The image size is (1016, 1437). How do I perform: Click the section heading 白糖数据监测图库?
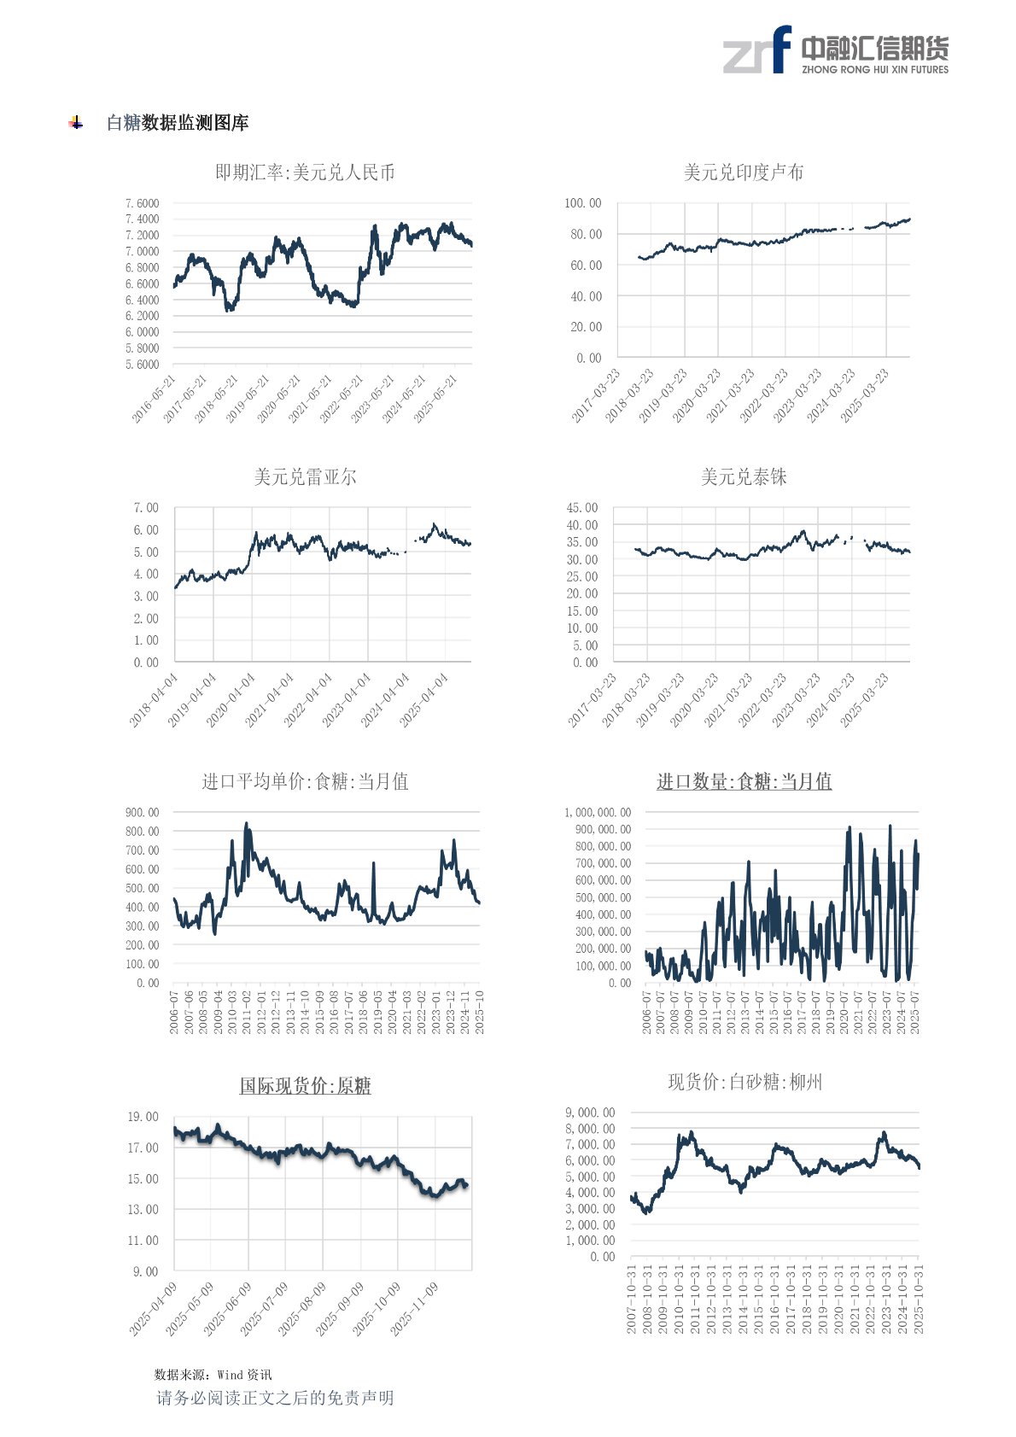point(178,123)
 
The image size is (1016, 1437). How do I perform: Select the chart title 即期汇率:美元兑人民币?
point(305,173)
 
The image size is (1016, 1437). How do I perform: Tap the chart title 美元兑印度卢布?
point(744,172)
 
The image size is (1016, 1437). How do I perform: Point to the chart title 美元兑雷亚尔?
point(305,477)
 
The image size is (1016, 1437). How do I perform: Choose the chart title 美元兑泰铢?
point(744,477)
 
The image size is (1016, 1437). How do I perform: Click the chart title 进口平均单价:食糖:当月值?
point(305,782)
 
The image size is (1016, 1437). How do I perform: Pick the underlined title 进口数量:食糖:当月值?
point(744,782)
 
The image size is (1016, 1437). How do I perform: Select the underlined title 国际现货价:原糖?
point(305,1086)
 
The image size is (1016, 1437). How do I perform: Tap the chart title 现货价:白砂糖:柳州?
point(744,1083)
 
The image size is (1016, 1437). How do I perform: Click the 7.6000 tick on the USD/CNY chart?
point(142,203)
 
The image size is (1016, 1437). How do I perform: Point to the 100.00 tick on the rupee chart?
point(582,203)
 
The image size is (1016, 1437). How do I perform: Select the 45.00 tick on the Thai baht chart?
point(582,508)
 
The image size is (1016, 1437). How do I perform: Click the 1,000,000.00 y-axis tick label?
point(598,812)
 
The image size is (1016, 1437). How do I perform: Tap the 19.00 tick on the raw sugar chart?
point(143,1117)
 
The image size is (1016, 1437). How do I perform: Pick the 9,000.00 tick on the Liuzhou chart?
point(590,1113)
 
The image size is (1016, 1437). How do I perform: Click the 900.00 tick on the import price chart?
point(142,812)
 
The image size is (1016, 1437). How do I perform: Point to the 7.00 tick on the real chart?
point(146,508)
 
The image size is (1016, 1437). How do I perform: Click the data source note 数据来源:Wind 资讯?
point(213,1375)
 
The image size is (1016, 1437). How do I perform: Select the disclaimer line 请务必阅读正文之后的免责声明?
point(275,1398)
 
